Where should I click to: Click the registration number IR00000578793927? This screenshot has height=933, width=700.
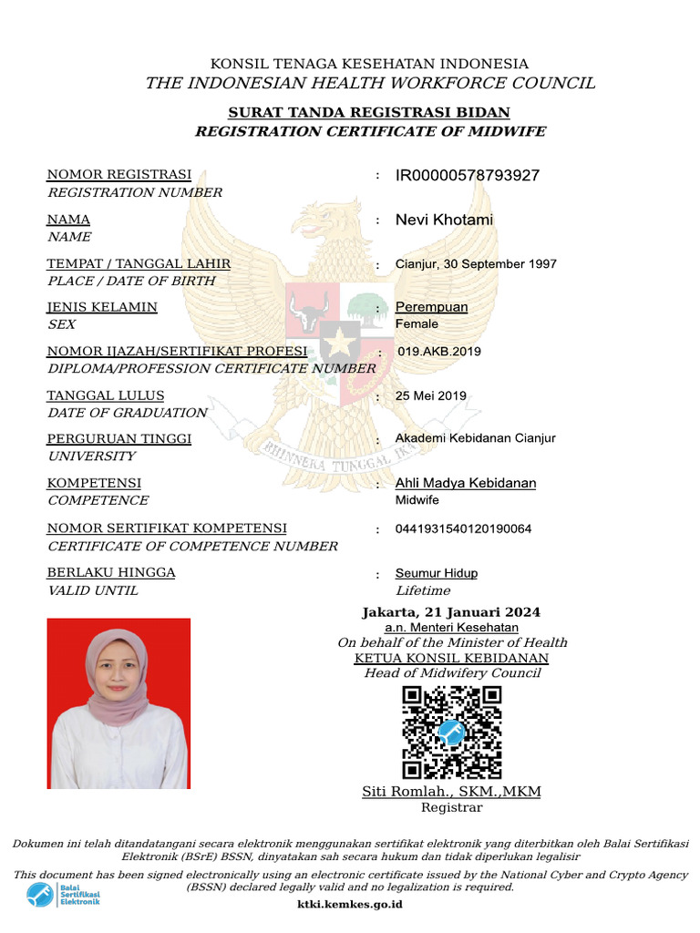pyautogui.click(x=467, y=175)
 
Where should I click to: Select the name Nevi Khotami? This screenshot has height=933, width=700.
pyautogui.click(x=444, y=220)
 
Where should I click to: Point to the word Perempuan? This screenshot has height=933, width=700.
pyautogui.click(x=431, y=307)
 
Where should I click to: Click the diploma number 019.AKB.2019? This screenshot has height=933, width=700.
pyautogui.click(x=439, y=352)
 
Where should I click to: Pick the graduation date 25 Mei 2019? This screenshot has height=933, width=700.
pyautogui.click(x=430, y=395)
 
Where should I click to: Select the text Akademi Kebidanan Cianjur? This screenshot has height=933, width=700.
pyautogui.click(x=475, y=438)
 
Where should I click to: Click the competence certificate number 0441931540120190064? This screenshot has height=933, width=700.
pyautogui.click(x=463, y=528)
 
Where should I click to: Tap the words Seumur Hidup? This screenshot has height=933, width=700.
pyautogui.click(x=436, y=573)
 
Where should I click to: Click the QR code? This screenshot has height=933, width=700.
pyautogui.click(x=452, y=733)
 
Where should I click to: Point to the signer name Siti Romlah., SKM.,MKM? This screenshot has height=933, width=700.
pyautogui.click(x=451, y=792)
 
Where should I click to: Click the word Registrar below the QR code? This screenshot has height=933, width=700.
pyautogui.click(x=451, y=807)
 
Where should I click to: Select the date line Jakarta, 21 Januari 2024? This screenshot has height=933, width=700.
pyautogui.click(x=451, y=612)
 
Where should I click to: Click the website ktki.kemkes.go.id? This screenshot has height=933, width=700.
pyautogui.click(x=350, y=905)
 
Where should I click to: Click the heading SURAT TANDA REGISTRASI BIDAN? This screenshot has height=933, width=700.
pyautogui.click(x=368, y=113)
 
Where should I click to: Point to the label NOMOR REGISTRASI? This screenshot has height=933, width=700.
pyautogui.click(x=119, y=175)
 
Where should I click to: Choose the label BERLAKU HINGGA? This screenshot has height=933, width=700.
pyautogui.click(x=111, y=573)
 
